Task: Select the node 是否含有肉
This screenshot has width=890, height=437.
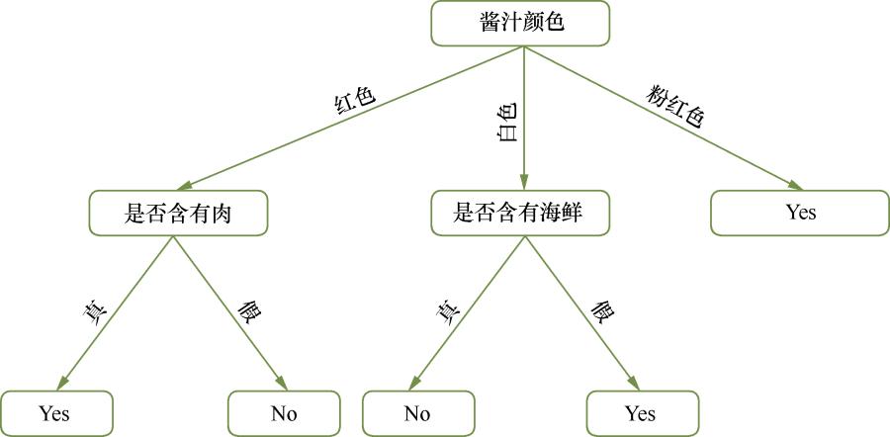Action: click(x=178, y=214)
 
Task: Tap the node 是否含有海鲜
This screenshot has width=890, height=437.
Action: click(x=521, y=214)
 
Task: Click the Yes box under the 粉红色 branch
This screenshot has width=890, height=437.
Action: click(x=801, y=214)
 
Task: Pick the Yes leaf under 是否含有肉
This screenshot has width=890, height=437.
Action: click(x=56, y=412)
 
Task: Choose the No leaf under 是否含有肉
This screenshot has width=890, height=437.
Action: click(x=284, y=412)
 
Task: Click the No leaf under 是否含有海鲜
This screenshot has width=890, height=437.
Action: click(x=417, y=412)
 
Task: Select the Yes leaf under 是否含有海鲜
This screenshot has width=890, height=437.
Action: click(x=641, y=412)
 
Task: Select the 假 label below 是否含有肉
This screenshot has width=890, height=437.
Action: click(x=249, y=311)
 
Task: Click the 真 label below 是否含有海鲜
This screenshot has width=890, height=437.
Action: click(x=448, y=311)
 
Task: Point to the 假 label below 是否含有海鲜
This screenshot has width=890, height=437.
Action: click(x=602, y=311)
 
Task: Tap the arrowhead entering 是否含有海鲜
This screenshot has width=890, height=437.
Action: click(x=522, y=185)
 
